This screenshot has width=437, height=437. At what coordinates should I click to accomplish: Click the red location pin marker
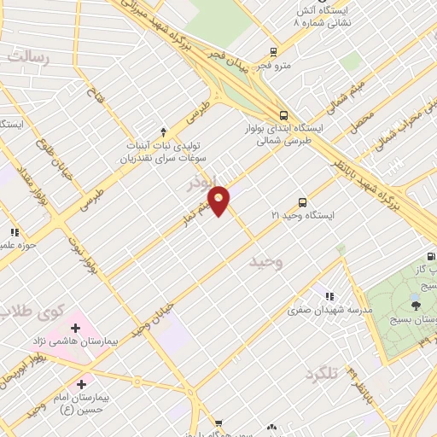(219, 200)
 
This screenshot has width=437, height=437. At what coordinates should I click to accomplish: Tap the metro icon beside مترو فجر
(272, 51)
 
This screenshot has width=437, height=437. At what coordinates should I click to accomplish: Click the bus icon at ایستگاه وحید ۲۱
(302, 202)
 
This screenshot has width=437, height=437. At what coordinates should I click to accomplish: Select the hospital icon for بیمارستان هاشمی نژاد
(74, 328)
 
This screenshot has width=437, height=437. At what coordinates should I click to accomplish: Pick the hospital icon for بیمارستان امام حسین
(81, 385)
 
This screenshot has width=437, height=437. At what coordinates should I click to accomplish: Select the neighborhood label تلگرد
(322, 374)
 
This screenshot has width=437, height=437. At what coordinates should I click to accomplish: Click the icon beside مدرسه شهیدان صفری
(329, 296)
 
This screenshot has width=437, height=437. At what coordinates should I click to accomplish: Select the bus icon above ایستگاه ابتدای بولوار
(283, 115)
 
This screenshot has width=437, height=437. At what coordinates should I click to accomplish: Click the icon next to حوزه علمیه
(14, 232)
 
